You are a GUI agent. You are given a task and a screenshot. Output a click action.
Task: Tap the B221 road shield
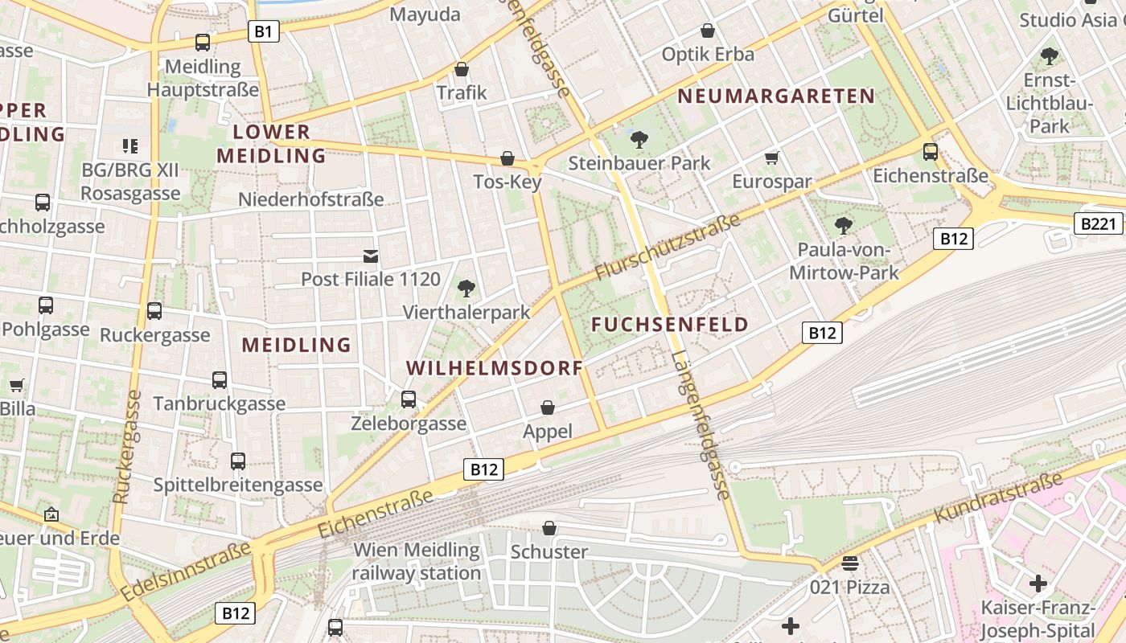(x=1098, y=223)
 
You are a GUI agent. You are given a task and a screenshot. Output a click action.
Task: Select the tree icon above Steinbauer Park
(x=639, y=140)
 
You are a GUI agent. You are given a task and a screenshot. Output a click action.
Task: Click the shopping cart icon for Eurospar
(x=772, y=158)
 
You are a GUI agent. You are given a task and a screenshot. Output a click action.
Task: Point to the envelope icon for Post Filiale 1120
(x=371, y=256)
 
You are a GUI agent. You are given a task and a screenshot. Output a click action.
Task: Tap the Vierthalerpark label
(x=466, y=312)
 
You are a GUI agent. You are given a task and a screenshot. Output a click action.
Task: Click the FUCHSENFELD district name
(x=670, y=325)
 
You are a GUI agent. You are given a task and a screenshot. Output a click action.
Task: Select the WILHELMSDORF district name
(x=495, y=368)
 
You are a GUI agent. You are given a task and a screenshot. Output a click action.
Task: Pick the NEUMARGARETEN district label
(x=776, y=96)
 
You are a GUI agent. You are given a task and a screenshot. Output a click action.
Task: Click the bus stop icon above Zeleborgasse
(x=409, y=399)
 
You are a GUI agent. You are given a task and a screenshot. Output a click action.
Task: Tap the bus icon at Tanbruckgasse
(x=220, y=379)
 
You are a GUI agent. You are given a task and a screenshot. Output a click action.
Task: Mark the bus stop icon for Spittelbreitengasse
(x=238, y=461)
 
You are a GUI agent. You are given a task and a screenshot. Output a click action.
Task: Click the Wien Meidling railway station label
(x=417, y=562)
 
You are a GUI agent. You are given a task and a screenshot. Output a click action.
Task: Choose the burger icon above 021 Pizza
(x=850, y=563)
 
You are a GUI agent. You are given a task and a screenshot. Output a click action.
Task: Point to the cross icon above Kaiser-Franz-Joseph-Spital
(x=1038, y=583)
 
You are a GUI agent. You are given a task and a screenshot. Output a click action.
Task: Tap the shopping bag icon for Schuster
(x=549, y=528)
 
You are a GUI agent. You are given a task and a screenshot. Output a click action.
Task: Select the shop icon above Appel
(x=548, y=408)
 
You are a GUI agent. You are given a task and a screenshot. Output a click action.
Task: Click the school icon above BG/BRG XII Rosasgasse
(x=130, y=145)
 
